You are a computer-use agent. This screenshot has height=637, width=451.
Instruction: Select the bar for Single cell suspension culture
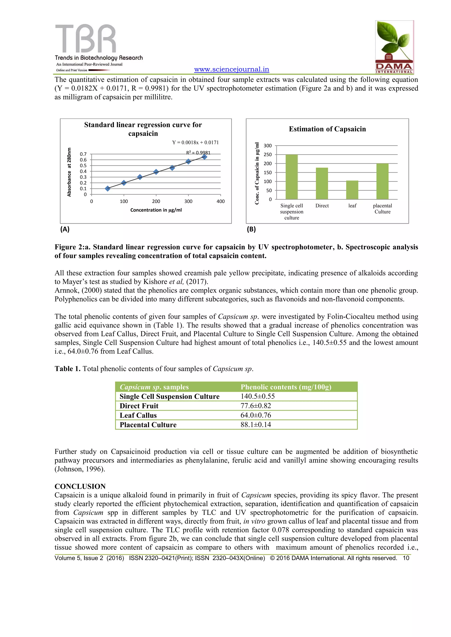point(292,177)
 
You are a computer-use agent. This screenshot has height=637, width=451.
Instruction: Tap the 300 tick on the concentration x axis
point(188,201)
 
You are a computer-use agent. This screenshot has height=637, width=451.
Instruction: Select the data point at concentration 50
point(108,189)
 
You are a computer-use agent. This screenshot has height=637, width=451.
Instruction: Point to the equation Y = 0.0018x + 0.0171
point(195,143)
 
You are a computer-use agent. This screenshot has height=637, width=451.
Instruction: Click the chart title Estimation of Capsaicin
point(327,129)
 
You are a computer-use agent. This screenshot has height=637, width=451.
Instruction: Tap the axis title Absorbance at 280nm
point(69,172)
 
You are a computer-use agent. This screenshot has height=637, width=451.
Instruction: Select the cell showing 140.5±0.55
point(257,397)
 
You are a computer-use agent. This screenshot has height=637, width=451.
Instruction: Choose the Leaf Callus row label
point(138,415)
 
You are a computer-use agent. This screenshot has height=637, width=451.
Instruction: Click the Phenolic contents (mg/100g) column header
point(286,387)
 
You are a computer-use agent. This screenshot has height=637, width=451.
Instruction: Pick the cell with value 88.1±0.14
point(255,425)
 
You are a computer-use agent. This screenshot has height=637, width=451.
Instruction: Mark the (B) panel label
point(251,229)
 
